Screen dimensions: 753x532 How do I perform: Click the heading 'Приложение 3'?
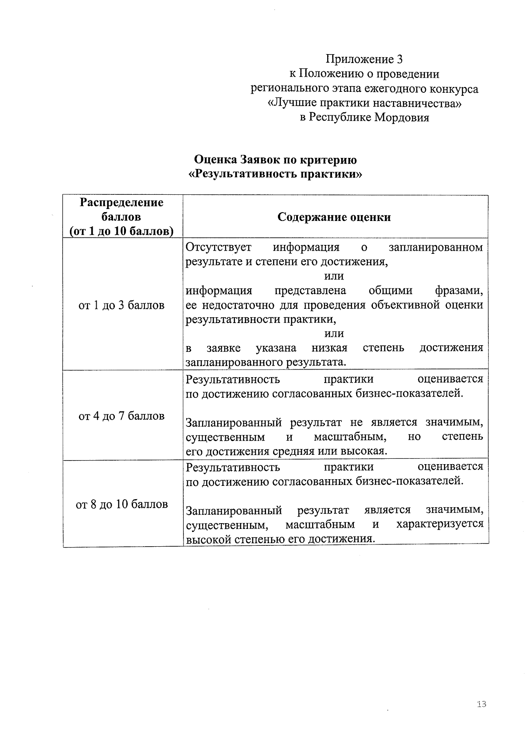364,59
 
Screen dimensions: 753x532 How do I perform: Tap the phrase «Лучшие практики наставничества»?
364,103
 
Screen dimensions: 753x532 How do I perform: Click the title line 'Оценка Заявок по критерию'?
275,159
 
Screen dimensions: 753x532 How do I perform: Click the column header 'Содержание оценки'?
334,217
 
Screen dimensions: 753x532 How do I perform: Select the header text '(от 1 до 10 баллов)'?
121,231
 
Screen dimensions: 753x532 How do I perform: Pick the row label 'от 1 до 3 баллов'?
121,305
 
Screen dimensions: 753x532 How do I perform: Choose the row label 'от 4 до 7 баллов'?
121,416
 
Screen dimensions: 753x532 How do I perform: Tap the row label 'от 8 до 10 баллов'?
121,505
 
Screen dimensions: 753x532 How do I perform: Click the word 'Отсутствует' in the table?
219,247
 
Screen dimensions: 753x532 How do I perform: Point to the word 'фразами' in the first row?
458,291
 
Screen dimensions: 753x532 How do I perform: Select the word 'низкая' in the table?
329,347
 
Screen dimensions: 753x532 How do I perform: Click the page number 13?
481,704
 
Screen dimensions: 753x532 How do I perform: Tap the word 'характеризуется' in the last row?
440,524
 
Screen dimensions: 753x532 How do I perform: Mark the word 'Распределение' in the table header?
121,203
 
